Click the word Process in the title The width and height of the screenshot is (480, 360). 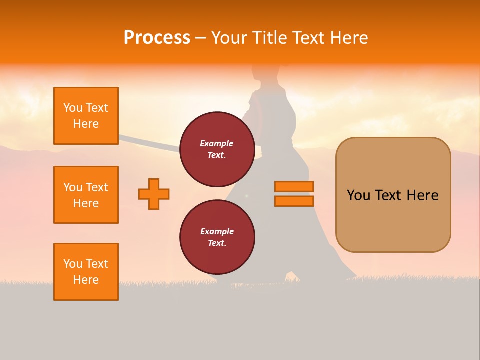(157, 38)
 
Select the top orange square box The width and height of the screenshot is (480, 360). (86, 116)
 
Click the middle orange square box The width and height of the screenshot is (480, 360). (86, 195)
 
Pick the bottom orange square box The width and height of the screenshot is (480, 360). (86, 272)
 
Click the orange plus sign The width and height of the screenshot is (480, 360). (154, 194)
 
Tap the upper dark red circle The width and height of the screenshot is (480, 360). (217, 149)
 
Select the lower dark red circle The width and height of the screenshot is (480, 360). (217, 237)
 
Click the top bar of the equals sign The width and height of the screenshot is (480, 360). (294, 186)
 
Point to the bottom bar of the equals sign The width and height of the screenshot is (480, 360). (294, 201)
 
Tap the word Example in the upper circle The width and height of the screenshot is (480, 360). (217, 143)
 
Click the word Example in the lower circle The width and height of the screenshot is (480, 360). (217, 231)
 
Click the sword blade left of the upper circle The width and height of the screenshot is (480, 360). (150, 142)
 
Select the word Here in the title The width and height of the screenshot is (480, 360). (349, 38)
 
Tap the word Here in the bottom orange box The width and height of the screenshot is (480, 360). (86, 280)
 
